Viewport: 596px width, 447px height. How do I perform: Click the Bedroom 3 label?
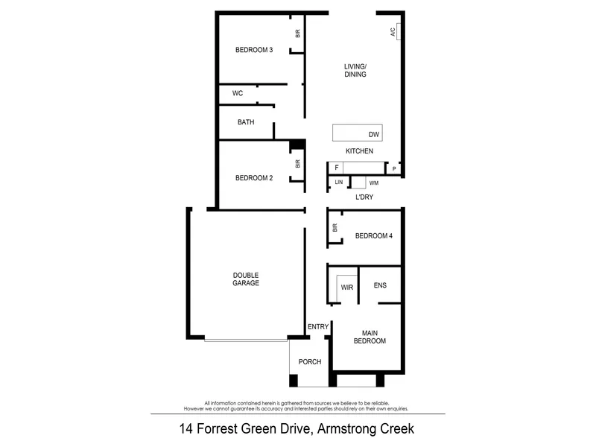(254, 50)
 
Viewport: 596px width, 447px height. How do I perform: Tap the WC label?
(238, 93)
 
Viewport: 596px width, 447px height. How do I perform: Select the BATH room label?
(246, 122)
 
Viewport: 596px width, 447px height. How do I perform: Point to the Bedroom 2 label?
(254, 178)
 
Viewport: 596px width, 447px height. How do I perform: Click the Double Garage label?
(246, 279)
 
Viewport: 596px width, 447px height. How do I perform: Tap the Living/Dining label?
(355, 70)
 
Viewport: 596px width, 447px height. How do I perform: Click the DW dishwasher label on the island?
(374, 135)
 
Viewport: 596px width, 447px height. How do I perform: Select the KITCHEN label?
(360, 151)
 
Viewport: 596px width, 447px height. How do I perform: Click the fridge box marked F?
(336, 168)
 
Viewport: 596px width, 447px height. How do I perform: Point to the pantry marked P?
(394, 168)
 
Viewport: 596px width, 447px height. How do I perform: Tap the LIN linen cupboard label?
(339, 183)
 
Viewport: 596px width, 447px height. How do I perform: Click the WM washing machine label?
(374, 183)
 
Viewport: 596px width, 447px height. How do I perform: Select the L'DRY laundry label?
(364, 197)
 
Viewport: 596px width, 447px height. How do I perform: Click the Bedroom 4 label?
(374, 235)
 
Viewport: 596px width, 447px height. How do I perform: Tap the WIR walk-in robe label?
(347, 288)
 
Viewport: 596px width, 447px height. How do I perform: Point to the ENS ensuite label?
(380, 285)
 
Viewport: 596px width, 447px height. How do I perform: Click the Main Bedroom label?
(370, 337)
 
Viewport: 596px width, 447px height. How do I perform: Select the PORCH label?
(310, 362)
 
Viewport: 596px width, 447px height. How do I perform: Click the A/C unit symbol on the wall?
(399, 31)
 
